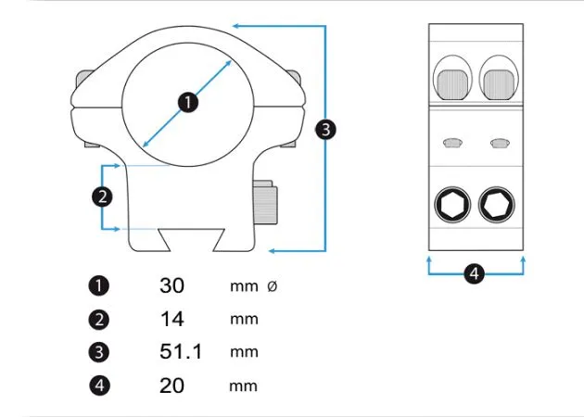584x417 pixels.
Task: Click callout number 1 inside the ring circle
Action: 188,102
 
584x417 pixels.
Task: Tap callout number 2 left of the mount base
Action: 102,196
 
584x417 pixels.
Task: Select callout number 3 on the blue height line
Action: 325,129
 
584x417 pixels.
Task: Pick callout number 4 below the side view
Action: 474,273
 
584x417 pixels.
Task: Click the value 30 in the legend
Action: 171,285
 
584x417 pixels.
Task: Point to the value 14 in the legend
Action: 171,319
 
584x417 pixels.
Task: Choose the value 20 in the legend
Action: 171,385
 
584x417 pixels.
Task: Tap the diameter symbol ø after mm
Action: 272,286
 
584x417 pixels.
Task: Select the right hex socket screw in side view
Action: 497,204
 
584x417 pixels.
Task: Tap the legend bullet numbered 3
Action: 100,352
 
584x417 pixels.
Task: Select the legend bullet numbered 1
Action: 100,285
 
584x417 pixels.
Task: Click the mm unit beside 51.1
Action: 244,352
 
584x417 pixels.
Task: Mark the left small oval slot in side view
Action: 452,143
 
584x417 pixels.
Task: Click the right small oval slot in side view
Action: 500,143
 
